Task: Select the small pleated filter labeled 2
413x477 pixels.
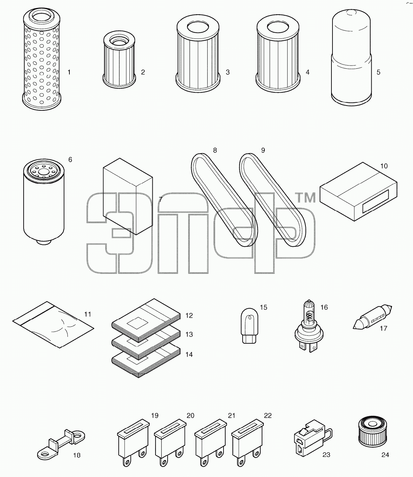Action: (x=119, y=60)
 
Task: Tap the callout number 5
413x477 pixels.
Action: (x=378, y=72)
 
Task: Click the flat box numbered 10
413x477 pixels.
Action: (x=358, y=192)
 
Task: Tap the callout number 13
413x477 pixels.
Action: (x=189, y=334)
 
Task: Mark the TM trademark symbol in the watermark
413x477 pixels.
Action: (x=305, y=198)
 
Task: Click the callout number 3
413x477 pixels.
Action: (x=228, y=72)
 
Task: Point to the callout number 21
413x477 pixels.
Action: (x=231, y=416)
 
